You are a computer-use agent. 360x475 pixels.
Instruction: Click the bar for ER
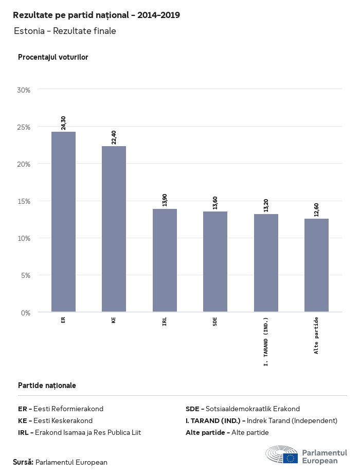tap(63, 222)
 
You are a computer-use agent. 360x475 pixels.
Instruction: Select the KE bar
tap(114, 229)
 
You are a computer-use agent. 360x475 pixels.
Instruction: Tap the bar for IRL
tap(165, 260)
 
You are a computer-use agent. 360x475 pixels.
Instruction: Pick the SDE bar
tap(215, 261)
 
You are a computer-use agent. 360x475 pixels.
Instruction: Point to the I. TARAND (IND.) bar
tap(266, 263)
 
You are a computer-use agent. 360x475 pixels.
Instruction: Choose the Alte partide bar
tap(316, 265)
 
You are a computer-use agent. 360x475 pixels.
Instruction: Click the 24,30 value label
tap(63, 122)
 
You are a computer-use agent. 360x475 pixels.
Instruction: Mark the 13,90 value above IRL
tap(165, 200)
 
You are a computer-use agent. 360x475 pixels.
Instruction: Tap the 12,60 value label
tap(316, 209)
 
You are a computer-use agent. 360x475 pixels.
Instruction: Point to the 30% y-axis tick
tap(24, 90)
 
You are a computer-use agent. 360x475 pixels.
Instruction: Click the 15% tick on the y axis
tap(24, 201)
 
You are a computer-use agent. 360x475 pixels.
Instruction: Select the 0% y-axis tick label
tap(26, 312)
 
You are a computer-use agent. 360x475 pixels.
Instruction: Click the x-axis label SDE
tap(215, 322)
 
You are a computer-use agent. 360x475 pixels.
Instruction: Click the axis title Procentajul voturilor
tap(53, 57)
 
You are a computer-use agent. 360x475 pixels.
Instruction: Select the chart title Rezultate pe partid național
tap(96, 15)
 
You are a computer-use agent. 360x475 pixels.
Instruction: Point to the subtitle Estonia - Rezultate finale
tap(65, 31)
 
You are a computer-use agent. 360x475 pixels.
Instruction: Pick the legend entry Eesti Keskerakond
tap(55, 420)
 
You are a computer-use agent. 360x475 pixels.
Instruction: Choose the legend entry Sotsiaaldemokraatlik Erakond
tap(242, 409)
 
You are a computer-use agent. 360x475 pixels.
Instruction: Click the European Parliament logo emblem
tap(281, 455)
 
